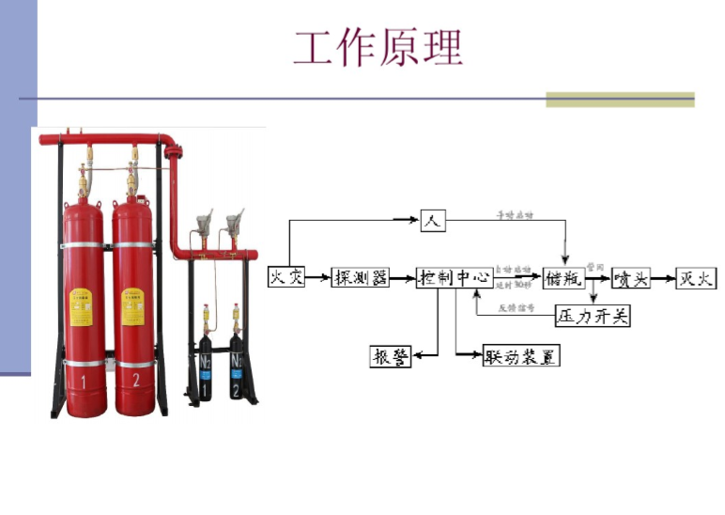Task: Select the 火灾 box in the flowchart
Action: (286, 277)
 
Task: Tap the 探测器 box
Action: (361, 277)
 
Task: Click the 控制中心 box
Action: (455, 277)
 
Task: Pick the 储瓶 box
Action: (563, 278)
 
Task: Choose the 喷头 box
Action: (631, 278)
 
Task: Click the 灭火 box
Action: (696, 278)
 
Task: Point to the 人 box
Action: (432, 221)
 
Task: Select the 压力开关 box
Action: (593, 316)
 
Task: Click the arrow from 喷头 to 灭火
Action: (663, 278)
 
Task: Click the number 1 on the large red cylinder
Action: (84, 381)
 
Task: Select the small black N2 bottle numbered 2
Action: (237, 362)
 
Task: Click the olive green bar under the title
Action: (620, 99)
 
